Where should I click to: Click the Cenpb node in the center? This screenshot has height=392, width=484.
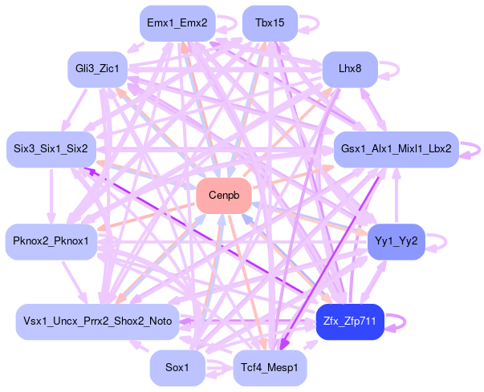coord(224,196)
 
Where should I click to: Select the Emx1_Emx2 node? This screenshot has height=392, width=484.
coord(177,23)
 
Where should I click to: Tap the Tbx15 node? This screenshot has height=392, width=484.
coord(270,23)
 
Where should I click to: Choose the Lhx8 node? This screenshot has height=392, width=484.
coord(350,70)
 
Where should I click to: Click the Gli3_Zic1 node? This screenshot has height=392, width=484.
coord(97,70)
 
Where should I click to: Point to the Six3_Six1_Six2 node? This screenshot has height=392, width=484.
coord(51,149)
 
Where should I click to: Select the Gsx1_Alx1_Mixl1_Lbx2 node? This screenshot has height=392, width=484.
coord(396,149)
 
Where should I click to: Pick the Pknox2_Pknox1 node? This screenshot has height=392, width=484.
coord(51,241)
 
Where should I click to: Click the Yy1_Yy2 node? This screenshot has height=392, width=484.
coord(396,241)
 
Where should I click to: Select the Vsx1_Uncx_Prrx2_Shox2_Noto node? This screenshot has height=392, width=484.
coord(97,321)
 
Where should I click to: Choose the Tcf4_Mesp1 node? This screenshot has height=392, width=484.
coord(270,368)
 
